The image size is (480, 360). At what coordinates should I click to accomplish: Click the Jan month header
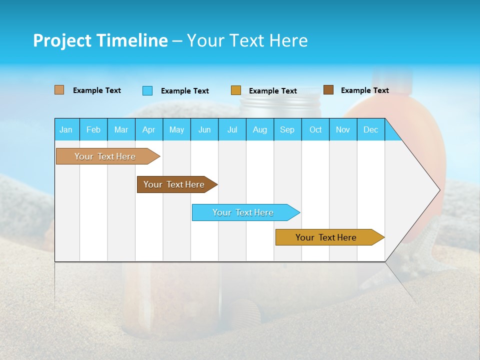(x=66, y=129)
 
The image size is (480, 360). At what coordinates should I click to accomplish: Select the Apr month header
(x=148, y=129)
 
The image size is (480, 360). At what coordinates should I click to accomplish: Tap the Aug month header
(x=259, y=129)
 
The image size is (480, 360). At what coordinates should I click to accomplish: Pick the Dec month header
(x=370, y=129)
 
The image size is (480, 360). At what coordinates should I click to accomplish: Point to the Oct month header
(x=315, y=129)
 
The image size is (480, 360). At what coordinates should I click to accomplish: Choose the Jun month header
(x=204, y=129)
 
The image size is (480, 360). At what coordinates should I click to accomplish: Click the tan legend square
(x=59, y=90)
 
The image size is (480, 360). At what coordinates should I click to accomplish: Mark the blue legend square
(x=147, y=90)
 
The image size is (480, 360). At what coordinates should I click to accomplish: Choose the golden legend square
(x=236, y=90)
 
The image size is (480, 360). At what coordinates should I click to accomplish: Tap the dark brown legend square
(x=328, y=90)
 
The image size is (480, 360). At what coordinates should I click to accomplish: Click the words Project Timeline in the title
(x=100, y=40)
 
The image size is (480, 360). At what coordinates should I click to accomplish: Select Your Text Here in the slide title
(x=247, y=40)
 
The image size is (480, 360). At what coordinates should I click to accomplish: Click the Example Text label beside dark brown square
(x=364, y=90)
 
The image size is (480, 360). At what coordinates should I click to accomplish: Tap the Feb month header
(x=93, y=129)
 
